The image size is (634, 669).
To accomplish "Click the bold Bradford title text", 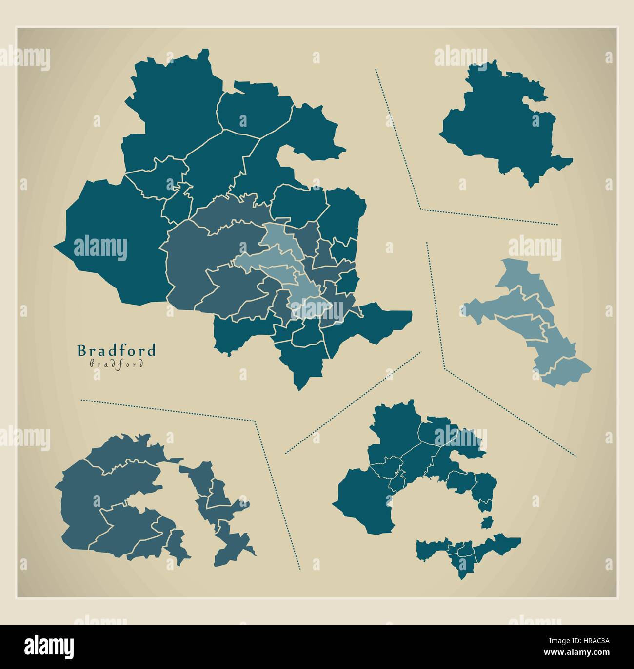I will [117, 350].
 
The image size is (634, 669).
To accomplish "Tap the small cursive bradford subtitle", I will [117, 363].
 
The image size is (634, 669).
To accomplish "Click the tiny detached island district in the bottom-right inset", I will [485, 523].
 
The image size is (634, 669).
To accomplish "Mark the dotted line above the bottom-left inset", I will [166, 410].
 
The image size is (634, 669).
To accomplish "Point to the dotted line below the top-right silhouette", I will [488, 217].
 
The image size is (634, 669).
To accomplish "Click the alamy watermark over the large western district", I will [100, 248].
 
